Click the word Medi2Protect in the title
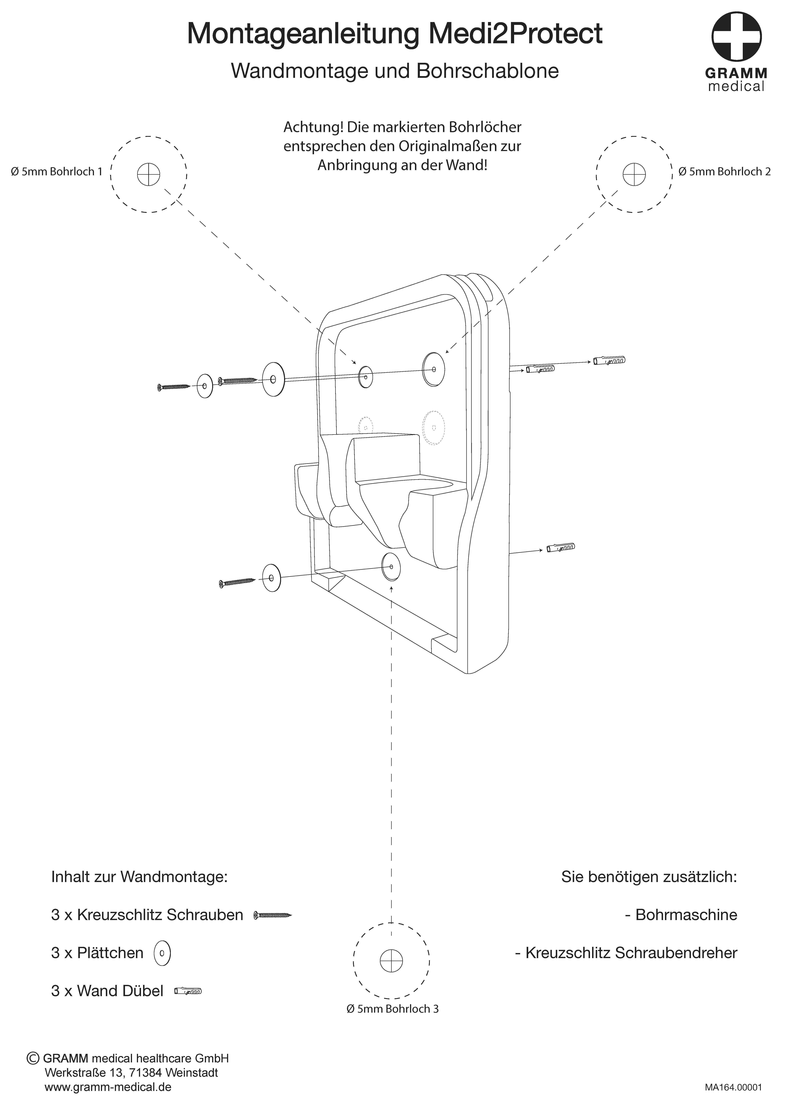(516, 34)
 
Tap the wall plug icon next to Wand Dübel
(187, 991)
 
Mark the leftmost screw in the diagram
(174, 387)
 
